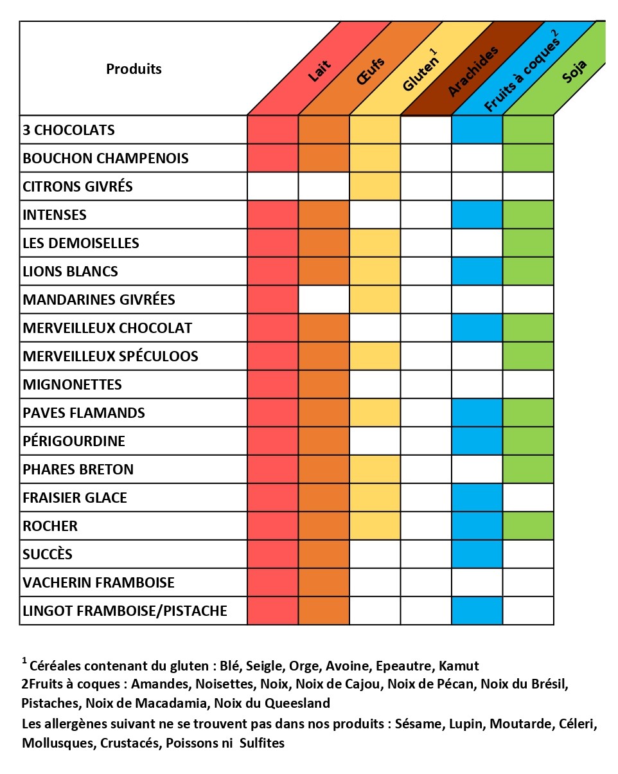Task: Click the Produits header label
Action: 134,69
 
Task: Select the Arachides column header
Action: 473,71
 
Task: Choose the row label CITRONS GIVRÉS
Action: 78,186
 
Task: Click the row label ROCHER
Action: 50,526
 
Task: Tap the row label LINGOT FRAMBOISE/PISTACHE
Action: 125,611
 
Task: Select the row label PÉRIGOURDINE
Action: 74,441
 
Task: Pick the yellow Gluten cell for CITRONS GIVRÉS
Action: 375,186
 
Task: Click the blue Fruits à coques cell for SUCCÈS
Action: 477,554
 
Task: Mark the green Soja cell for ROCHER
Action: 527,526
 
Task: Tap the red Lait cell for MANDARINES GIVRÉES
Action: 272,300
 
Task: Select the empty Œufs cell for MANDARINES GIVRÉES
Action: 324,300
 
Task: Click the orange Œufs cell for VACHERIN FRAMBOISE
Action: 324,582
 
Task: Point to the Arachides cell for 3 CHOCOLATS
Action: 426,130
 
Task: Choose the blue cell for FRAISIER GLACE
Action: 477,498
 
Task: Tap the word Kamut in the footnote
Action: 459,666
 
